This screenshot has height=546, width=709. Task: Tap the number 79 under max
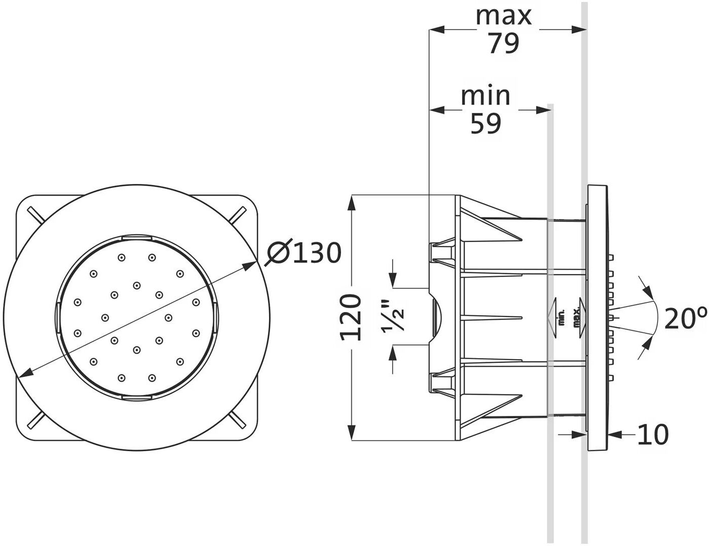[x=503, y=44]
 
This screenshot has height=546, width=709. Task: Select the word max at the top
[x=504, y=16]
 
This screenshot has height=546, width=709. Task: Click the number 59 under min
[x=485, y=124]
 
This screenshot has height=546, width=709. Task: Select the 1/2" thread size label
[x=393, y=317]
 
